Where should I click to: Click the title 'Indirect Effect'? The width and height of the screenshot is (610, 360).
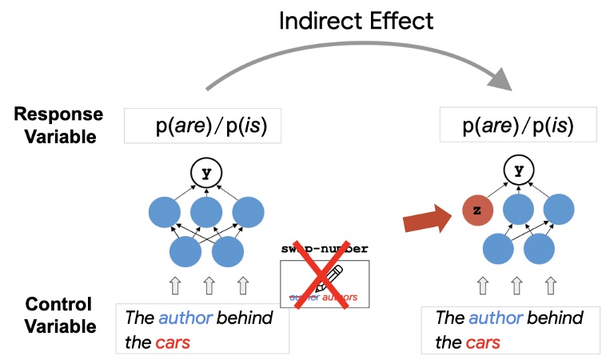point(356,19)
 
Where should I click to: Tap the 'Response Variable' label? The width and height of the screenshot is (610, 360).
point(55,125)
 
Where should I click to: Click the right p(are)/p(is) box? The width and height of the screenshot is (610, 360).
point(521,126)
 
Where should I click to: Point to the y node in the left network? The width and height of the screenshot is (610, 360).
point(206,171)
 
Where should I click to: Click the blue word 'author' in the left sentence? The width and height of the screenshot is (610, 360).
point(185,318)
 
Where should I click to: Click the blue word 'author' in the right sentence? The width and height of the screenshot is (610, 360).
point(496,318)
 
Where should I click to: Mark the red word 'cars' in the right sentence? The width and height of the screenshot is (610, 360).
point(481,342)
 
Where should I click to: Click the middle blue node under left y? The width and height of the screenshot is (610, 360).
point(206,212)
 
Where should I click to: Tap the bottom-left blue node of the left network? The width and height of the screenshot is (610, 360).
point(185,252)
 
